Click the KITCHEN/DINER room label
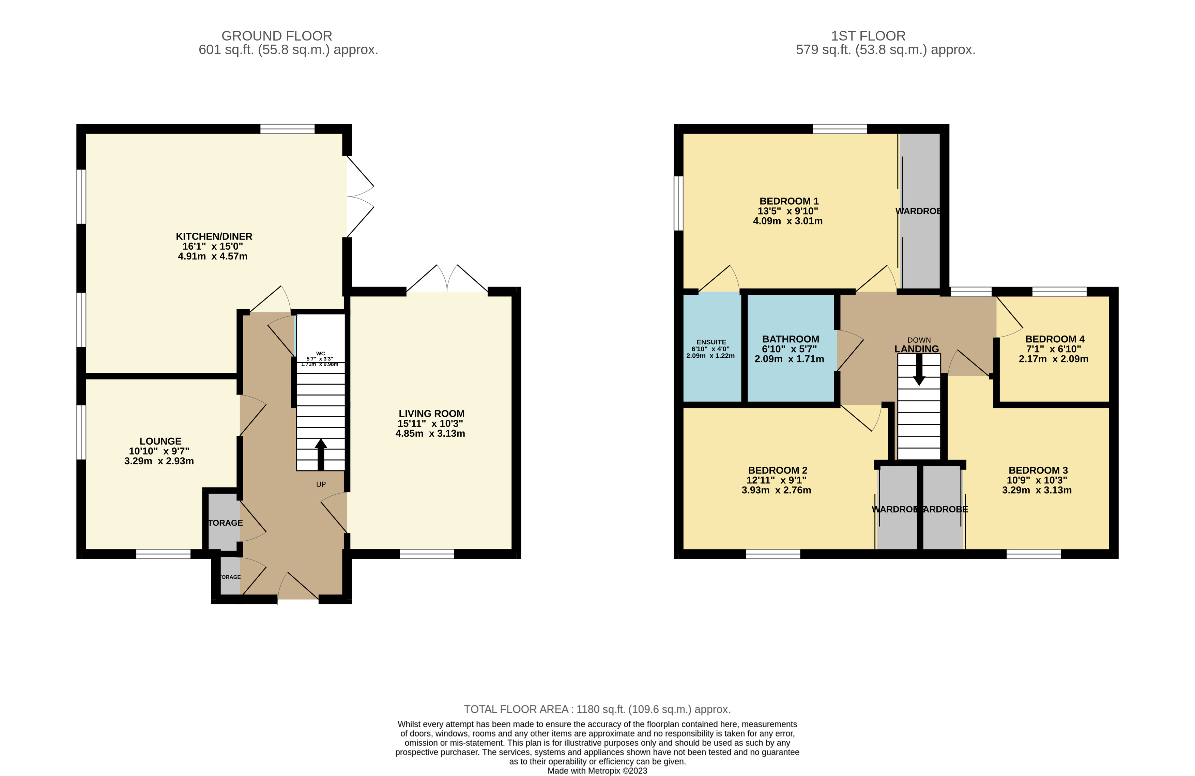pyautogui.click(x=214, y=236)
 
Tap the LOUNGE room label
pyautogui.click(x=160, y=441)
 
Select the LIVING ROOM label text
pyautogui.click(x=431, y=414)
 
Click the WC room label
pyautogui.click(x=320, y=353)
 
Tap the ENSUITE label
pyautogui.click(x=711, y=342)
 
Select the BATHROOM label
pyautogui.click(x=790, y=339)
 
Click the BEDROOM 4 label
pyautogui.click(x=1054, y=339)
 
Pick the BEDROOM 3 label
pyautogui.click(x=1038, y=470)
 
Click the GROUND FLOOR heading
pyautogui.click(x=277, y=36)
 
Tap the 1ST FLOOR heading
pyautogui.click(x=868, y=36)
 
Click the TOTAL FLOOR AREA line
pyautogui.click(x=597, y=709)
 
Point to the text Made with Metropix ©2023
pyautogui.click(x=597, y=771)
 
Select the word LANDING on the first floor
pyautogui.click(x=916, y=349)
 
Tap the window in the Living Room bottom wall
pyautogui.click(x=427, y=554)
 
